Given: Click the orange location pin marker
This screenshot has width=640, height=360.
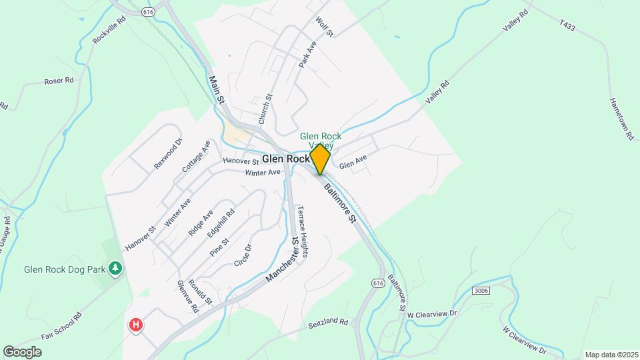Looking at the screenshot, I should coord(320,159).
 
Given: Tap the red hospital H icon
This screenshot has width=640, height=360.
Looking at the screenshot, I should coord(136,325).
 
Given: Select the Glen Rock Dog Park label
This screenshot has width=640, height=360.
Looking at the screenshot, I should coord(65,269).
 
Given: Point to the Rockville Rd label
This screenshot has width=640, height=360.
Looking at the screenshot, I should coord(105,30).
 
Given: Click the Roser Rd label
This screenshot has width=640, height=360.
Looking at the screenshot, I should coord(59,81).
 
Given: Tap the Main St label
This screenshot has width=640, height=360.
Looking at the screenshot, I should coord(216,89).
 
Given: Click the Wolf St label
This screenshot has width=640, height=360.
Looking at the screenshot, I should coord(325,27).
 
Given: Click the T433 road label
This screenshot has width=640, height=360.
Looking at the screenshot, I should coord(567,25).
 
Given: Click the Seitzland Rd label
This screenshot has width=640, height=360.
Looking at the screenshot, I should coord(329,323).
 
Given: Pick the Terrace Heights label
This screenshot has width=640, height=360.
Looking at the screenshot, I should coord(303,231).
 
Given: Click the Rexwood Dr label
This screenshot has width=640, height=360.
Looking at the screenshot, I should coord(167,153).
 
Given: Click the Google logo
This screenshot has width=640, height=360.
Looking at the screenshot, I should coord(22,351).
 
